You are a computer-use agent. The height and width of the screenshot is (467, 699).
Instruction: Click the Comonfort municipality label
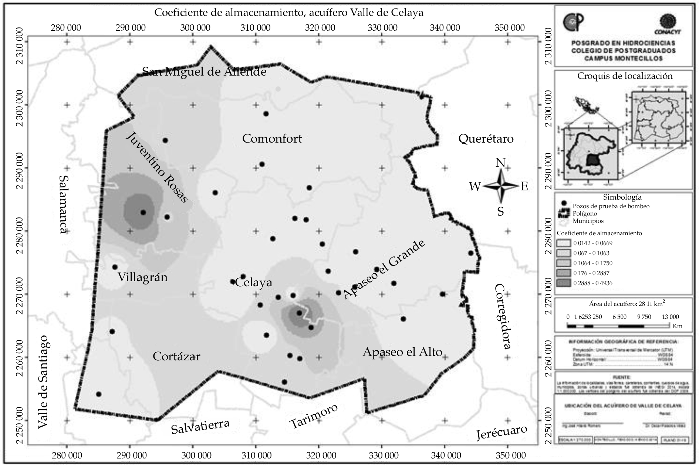point(272,139)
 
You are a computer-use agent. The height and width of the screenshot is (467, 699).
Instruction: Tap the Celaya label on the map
point(254,283)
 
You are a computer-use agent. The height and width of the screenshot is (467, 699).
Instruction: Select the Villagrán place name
point(142,277)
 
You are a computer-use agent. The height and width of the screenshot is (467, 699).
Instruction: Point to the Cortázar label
point(176,357)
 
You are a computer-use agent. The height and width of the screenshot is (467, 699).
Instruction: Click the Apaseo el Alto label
point(402,352)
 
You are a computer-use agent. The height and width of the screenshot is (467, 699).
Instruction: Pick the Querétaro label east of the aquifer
point(486,139)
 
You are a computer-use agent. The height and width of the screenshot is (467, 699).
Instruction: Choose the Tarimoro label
point(314,416)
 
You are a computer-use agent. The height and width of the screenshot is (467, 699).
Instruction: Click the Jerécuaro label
point(502,433)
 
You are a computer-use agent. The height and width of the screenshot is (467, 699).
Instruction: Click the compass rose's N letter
point(500,163)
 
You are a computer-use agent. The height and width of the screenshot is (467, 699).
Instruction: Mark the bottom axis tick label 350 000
point(507,455)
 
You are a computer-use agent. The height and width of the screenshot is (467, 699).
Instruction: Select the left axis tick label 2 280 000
point(21,231)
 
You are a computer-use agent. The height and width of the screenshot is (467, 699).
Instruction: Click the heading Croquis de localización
point(625,76)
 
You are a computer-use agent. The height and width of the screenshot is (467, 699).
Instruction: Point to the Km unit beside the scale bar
point(678,326)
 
